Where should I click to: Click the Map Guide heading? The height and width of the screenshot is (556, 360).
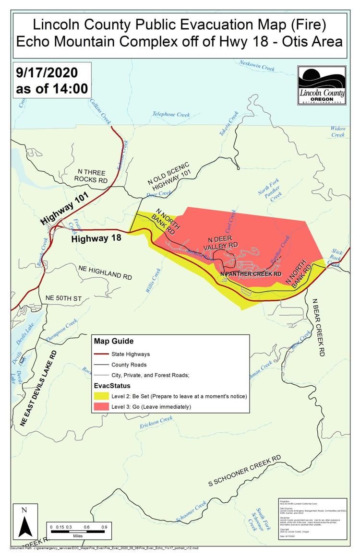[114, 341]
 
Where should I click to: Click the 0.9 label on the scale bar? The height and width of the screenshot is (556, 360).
[104, 527]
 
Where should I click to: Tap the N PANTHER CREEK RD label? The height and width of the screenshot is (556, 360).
[251, 274]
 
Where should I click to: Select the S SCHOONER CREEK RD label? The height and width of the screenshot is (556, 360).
[245, 471]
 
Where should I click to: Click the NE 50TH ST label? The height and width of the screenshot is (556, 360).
[64, 298]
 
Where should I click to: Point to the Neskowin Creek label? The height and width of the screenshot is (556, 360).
[257, 69]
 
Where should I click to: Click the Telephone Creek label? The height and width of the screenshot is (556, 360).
[171, 115]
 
